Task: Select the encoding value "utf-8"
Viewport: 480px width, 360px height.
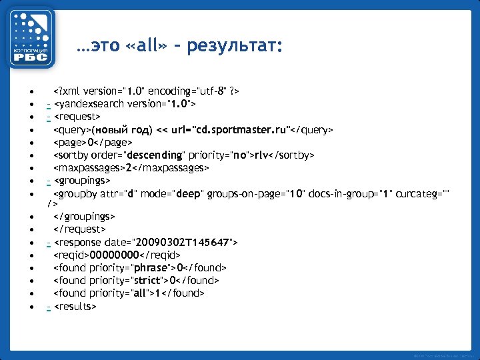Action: [210, 91]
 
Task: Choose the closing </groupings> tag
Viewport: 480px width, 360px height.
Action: [84, 217]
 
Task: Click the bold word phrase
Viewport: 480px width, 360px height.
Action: [152, 268]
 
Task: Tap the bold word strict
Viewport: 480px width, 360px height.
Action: [147, 281]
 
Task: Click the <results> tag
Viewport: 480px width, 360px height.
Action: [75, 306]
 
